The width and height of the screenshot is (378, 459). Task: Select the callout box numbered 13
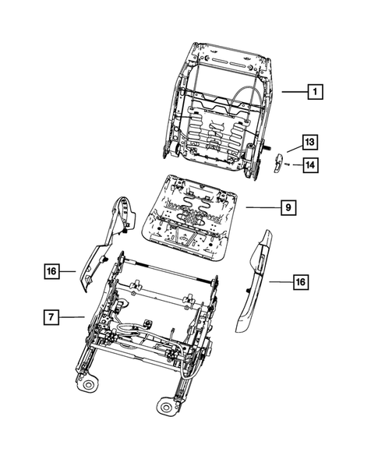(310, 142)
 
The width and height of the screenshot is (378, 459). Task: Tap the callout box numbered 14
(310, 164)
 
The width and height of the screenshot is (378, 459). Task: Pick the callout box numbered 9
(288, 208)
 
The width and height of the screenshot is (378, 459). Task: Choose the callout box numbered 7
(51, 316)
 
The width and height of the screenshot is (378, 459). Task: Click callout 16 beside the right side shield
(299, 282)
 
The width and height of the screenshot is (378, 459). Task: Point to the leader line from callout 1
(292, 91)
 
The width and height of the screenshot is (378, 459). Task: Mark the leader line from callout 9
(261, 208)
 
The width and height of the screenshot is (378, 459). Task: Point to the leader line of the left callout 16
(69, 271)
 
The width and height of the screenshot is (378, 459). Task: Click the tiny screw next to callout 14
(287, 165)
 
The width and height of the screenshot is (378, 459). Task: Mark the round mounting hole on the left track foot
(90, 385)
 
